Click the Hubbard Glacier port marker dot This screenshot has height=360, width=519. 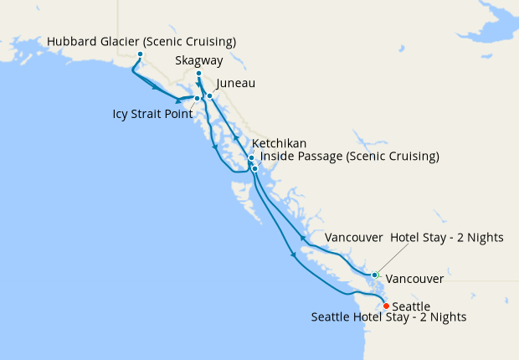pos(140,55)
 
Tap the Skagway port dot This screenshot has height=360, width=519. pos(198,75)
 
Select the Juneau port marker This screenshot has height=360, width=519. pos(210,96)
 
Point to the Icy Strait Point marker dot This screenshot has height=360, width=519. pos(198,99)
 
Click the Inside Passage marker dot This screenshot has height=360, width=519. pos(254,168)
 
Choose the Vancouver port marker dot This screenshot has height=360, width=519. pos(374,275)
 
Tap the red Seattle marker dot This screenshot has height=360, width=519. pos(386,306)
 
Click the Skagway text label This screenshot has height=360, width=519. pos(199,61)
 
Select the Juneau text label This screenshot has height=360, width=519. pos(235,84)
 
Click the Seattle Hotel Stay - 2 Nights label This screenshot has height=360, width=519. pos(388,317)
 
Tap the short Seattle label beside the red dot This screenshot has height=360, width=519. pos(411,306)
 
